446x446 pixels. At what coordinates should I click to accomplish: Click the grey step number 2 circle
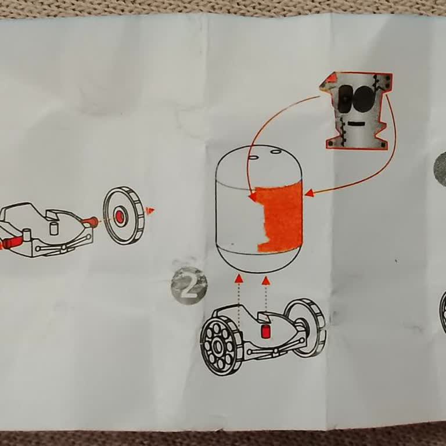[x=189, y=286]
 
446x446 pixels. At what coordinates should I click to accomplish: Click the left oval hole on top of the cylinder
[x=253, y=157]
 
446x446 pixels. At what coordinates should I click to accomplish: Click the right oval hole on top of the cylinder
[x=275, y=152]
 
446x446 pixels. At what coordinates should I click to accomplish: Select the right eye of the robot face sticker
[x=364, y=99]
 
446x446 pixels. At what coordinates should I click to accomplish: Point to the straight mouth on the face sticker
[x=357, y=124]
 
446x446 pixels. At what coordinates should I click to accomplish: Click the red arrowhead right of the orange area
[x=309, y=192]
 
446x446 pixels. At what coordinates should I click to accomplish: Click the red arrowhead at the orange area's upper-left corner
[x=253, y=197]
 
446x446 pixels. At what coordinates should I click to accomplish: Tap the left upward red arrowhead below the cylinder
[x=239, y=279]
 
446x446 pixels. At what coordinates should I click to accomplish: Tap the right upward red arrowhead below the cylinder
[x=266, y=280]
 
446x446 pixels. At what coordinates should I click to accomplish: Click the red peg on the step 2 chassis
[x=266, y=332]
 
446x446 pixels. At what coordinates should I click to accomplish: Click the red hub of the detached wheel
[x=120, y=217]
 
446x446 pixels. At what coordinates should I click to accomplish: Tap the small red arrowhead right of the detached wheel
[x=150, y=210]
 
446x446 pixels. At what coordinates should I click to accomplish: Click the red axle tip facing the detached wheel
[x=91, y=221]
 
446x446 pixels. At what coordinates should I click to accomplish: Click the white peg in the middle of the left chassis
[x=54, y=228]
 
